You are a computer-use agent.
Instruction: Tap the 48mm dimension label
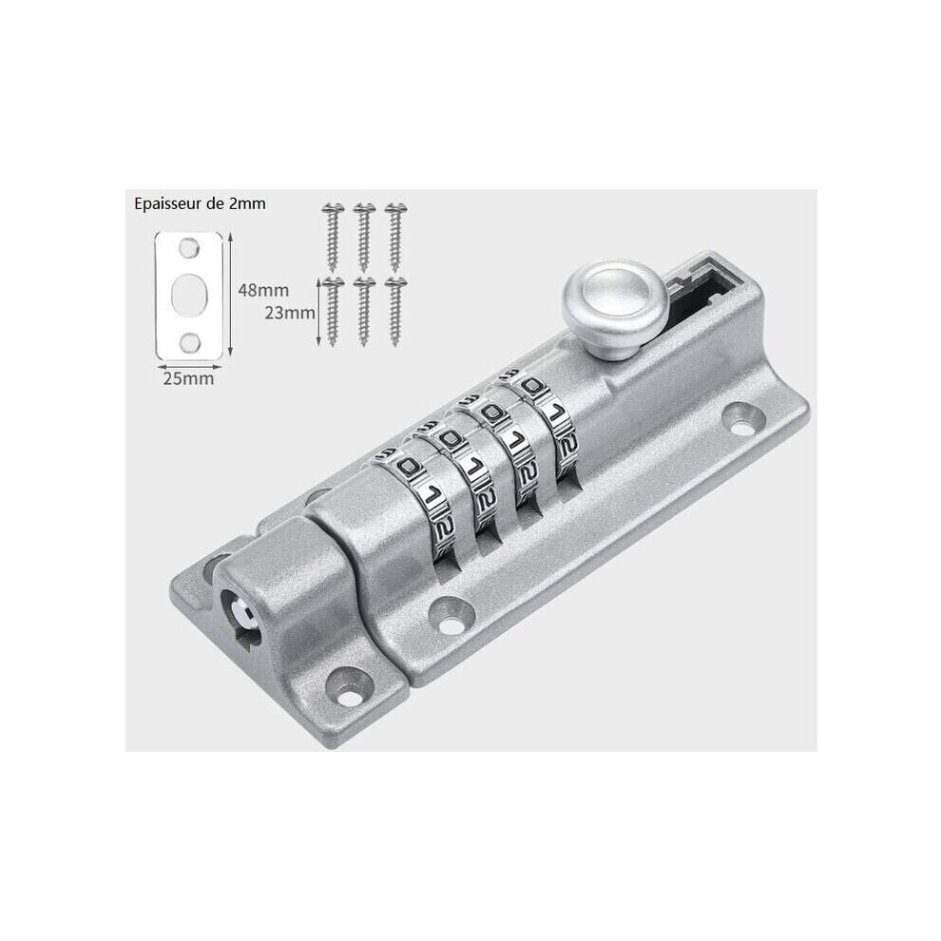click(x=263, y=291)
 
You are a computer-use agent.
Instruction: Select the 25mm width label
click(x=188, y=378)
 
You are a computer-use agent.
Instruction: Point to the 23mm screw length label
click(x=290, y=313)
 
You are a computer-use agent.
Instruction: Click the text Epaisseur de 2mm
click(x=200, y=204)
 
